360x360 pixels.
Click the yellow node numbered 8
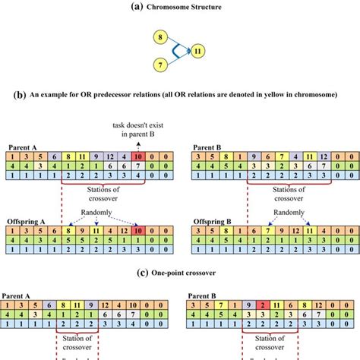[160, 36]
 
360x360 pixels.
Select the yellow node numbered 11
[197, 52]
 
